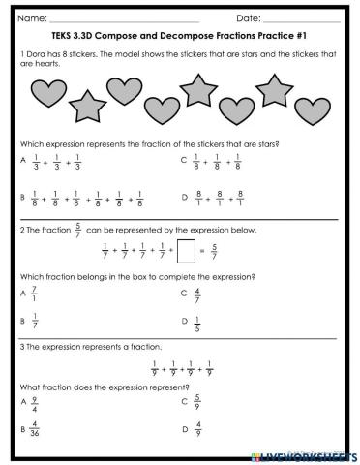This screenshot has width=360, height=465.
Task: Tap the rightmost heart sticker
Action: pos(317,99)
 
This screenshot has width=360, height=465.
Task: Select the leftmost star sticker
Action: pos(87,104)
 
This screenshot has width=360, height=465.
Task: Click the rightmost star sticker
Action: pos(275,91)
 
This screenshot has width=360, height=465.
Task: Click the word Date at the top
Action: pos(249,18)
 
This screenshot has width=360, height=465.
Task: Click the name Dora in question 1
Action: pos(38,52)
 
